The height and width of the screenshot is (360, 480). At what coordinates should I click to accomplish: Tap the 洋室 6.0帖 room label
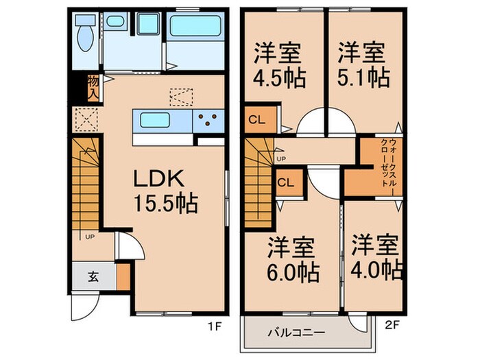point(293,259)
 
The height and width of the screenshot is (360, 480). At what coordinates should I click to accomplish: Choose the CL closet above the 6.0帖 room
point(287,182)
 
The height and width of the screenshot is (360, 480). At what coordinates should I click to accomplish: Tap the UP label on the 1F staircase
point(89,237)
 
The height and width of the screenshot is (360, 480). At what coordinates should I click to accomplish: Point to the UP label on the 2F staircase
point(279,159)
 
